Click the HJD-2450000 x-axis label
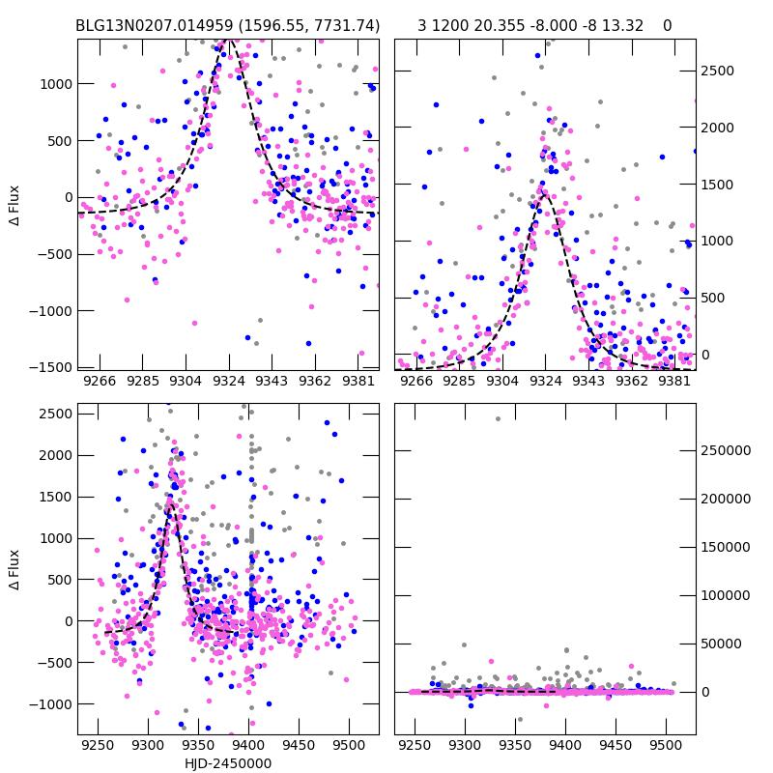[228, 763]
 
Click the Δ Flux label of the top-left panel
[14, 205]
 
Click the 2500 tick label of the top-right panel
[716, 71]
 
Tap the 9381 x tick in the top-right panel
[675, 382]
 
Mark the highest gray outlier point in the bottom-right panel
[499, 418]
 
